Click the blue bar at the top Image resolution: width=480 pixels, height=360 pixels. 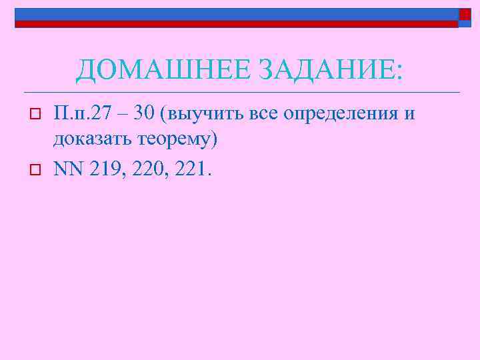click(233, 14)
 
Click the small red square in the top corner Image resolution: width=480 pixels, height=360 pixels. click(465, 14)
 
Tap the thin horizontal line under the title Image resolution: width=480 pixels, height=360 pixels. click(240, 92)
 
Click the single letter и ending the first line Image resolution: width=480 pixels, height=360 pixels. click(409, 114)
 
